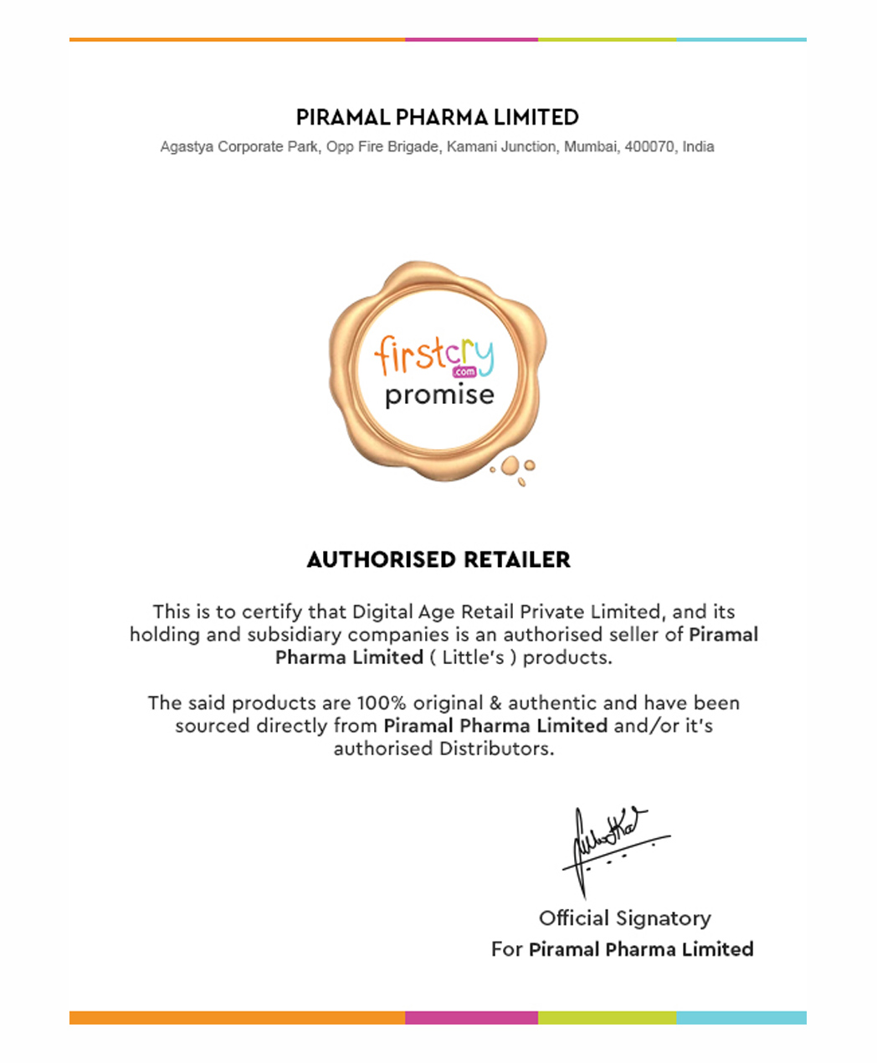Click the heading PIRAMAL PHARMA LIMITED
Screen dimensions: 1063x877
pos(438,117)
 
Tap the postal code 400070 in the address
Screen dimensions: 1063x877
pos(649,146)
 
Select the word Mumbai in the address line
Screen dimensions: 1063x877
pos(591,146)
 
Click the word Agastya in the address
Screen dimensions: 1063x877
pos(187,146)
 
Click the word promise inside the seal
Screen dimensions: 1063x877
pos(439,395)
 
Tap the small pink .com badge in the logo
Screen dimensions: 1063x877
pos(464,371)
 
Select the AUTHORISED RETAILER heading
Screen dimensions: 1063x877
pos(438,560)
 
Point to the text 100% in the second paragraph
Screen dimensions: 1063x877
pos(381,703)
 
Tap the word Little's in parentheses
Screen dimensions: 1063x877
pos(473,657)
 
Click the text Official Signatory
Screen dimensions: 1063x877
pos(624,918)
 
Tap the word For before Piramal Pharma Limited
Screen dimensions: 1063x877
pos(506,949)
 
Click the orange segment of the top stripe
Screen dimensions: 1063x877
pos(237,39)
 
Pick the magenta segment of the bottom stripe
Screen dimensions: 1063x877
pos(471,1018)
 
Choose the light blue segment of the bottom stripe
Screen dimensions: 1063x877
pos(741,1018)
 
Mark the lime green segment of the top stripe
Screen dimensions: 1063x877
pos(607,39)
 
